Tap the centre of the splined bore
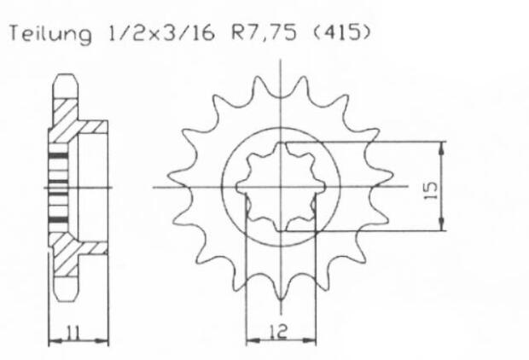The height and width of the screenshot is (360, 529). [x=281, y=187]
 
